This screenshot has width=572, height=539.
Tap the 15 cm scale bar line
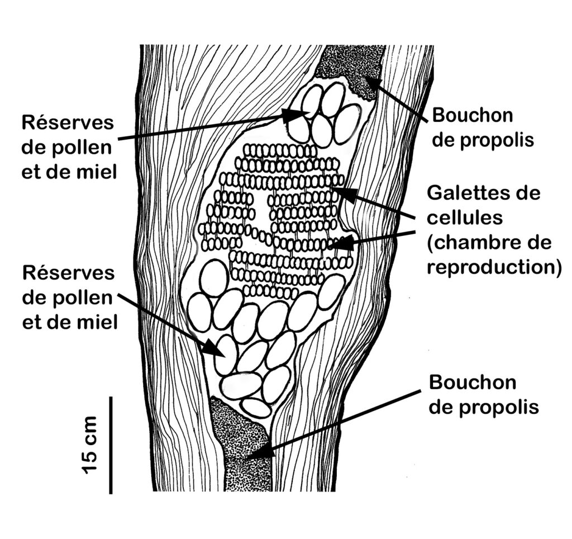[x=111, y=445]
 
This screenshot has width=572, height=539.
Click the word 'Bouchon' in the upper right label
[x=473, y=115]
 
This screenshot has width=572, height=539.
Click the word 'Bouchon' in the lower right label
[x=473, y=382]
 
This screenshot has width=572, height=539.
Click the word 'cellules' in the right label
[x=464, y=218]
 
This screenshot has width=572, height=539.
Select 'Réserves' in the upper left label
[x=68, y=122]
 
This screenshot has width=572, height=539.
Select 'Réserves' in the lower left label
[x=69, y=273]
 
